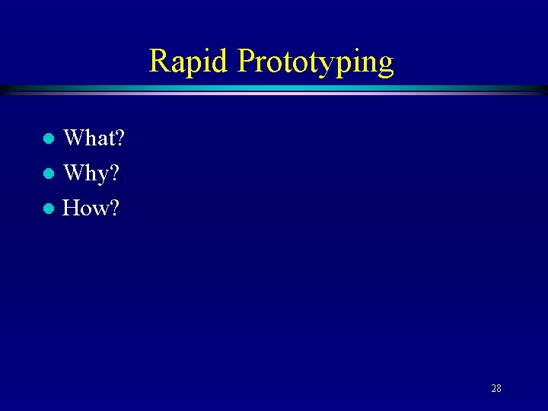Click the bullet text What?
(94, 139)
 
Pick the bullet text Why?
(91, 174)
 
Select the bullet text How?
(91, 207)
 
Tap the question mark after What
(119, 139)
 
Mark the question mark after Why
(114, 174)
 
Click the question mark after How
(113, 207)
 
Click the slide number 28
(495, 389)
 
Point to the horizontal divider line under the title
(274, 89)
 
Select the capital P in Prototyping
(247, 61)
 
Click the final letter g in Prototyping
(385, 64)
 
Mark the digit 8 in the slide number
(499, 389)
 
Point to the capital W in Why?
(75, 174)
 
